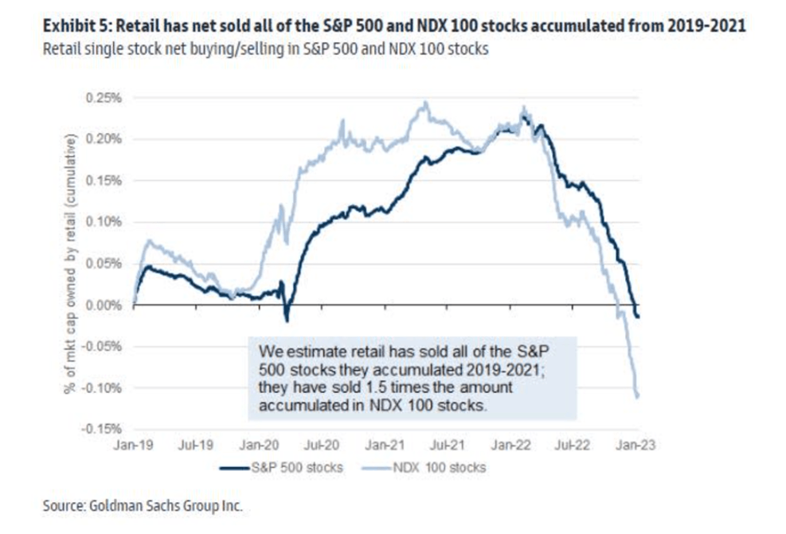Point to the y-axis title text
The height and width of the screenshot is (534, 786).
tap(71, 263)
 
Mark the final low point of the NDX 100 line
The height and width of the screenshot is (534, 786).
tap(638, 396)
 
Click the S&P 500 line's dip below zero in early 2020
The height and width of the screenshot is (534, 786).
tap(287, 320)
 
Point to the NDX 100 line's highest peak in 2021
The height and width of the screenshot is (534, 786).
tap(425, 103)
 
